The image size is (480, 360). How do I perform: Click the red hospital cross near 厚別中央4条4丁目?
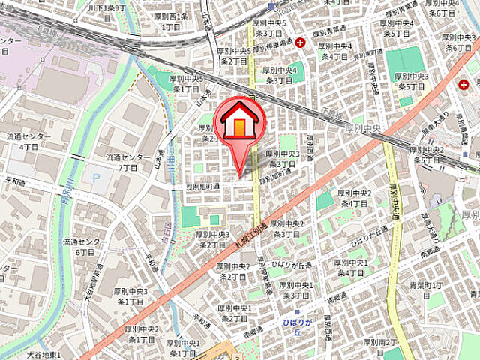tap(300, 42)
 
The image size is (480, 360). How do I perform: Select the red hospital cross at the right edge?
tap(466, 85)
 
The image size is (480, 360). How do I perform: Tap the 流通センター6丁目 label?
tap(79, 247)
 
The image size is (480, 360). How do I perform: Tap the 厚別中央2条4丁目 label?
tap(352, 198)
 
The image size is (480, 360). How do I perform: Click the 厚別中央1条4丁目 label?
tap(350, 268)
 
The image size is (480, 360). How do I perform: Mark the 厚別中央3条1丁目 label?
tap(130, 295)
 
